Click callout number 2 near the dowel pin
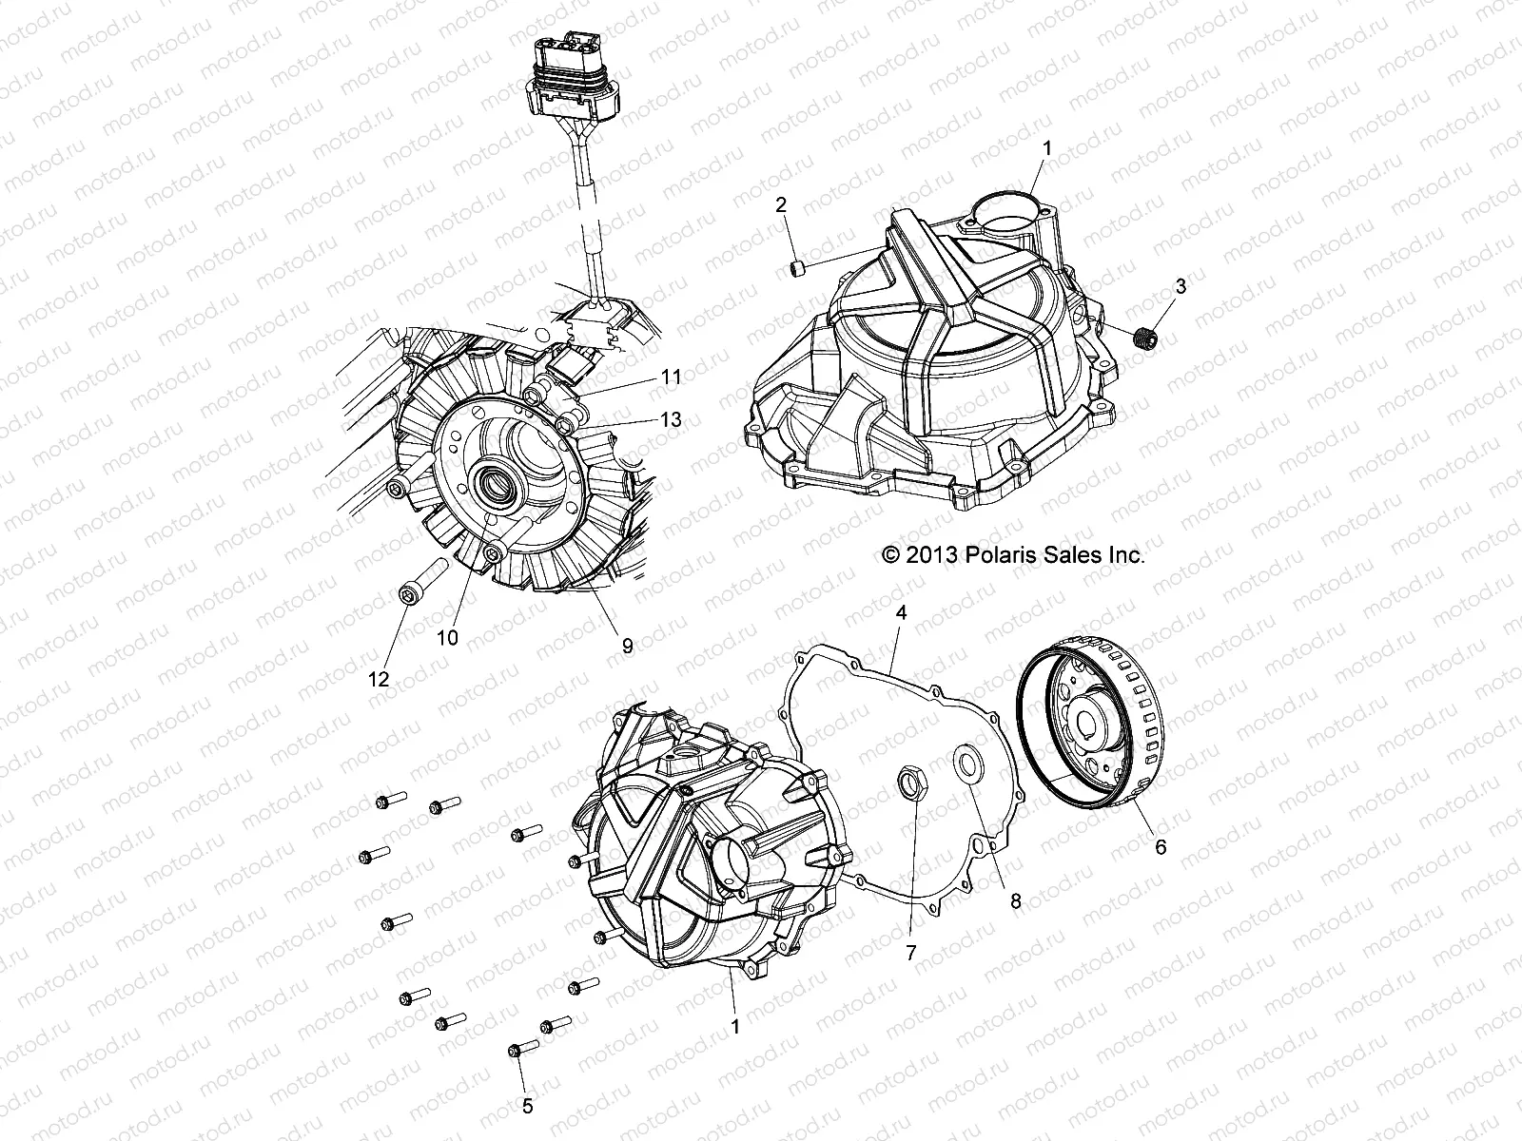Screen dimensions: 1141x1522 click(780, 203)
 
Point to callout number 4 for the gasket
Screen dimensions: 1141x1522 click(901, 614)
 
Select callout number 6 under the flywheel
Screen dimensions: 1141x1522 click(1160, 845)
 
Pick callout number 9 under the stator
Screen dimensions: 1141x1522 click(627, 646)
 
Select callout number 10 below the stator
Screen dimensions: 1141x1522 click(447, 638)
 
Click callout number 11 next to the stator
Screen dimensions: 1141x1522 click(672, 377)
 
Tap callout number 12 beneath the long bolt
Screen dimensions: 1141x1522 click(380, 679)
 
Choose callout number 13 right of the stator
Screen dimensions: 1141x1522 click(672, 418)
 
